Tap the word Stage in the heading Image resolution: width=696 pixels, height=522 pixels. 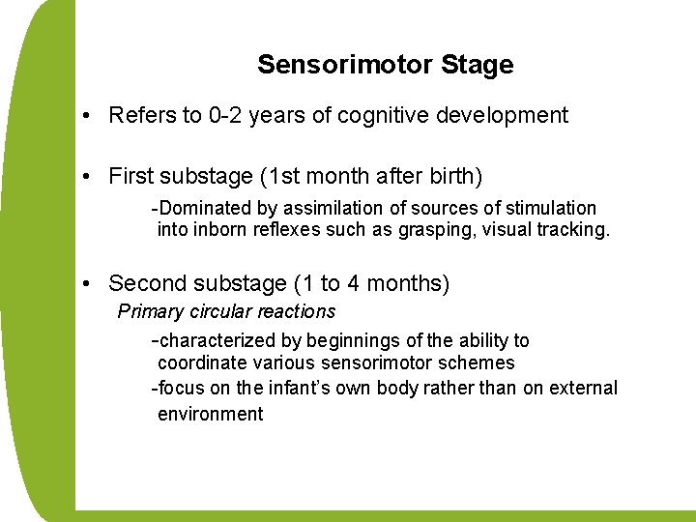[477, 66]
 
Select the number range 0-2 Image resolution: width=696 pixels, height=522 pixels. [230, 116]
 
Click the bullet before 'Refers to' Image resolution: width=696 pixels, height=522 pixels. [87, 116]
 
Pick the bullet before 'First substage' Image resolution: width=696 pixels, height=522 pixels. [87, 177]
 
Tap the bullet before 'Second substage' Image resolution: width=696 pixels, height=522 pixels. [87, 283]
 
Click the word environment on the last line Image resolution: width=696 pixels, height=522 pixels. [210, 414]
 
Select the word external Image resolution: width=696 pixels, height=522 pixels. [583, 388]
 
